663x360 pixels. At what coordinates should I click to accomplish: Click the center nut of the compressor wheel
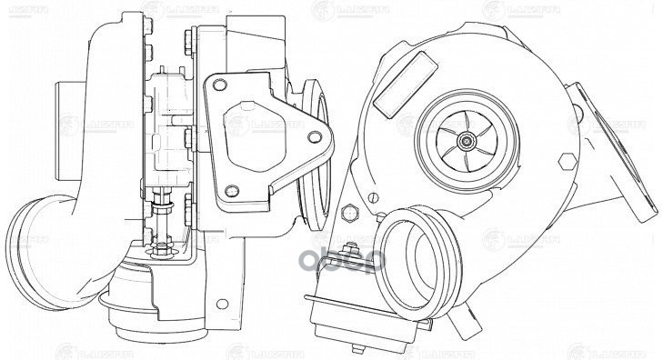coord(467,139)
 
